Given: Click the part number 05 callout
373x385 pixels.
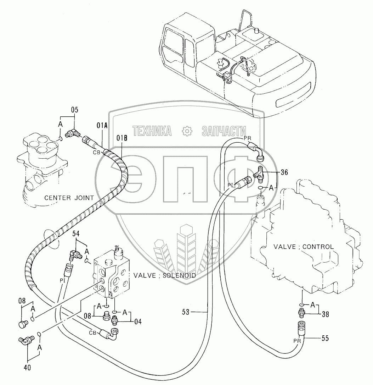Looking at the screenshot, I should [x=74, y=110].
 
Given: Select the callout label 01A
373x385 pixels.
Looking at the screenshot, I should [x=102, y=125].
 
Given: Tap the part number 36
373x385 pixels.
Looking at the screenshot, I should [x=284, y=173].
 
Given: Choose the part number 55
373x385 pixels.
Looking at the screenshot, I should [x=325, y=339].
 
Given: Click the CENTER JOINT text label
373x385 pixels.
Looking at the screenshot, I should [x=69, y=198].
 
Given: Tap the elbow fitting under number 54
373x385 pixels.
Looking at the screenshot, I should [x=75, y=254].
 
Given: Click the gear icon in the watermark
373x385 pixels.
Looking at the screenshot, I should [x=186, y=131].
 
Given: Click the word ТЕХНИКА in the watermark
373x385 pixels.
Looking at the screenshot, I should [x=152, y=131].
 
